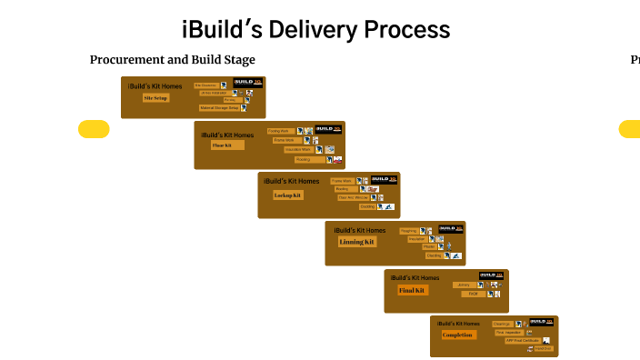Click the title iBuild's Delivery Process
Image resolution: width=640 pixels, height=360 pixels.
click(x=315, y=29)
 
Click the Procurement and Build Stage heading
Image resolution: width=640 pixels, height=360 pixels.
click(x=172, y=60)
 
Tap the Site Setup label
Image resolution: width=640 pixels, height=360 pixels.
click(x=155, y=98)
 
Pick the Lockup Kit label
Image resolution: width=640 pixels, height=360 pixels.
click(x=287, y=195)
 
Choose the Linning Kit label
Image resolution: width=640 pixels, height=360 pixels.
click(x=356, y=243)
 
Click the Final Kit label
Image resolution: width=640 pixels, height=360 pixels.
click(x=412, y=291)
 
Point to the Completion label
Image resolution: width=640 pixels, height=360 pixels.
click(x=457, y=335)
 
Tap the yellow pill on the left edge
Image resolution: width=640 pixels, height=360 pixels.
click(x=94, y=129)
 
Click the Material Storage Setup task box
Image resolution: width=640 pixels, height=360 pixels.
click(x=219, y=107)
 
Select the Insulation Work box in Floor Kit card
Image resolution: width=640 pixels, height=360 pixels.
click(x=297, y=149)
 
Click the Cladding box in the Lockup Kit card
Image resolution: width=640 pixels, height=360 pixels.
click(x=366, y=206)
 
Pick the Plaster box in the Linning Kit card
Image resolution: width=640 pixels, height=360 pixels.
click(x=428, y=246)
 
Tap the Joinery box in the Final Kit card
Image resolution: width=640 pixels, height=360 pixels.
click(x=464, y=285)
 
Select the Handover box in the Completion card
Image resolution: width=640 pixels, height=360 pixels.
click(x=543, y=348)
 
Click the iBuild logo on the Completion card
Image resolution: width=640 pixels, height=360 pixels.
click(x=541, y=321)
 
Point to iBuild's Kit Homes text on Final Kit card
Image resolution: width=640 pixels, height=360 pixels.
click(x=415, y=277)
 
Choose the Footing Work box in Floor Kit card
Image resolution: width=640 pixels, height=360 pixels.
click(x=278, y=131)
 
